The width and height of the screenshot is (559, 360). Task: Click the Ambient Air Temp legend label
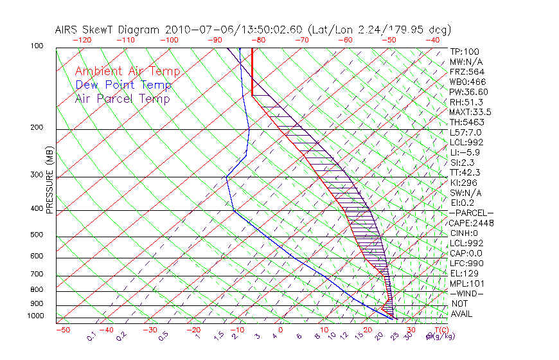click(127, 71)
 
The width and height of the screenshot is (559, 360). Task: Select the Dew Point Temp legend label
click(123, 85)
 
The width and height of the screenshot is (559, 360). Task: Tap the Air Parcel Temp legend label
click(123, 98)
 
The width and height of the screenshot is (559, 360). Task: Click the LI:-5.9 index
click(464, 152)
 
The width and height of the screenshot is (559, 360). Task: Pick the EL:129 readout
click(463, 273)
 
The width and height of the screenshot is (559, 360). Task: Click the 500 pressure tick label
click(37, 235)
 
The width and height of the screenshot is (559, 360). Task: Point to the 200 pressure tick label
click(37, 127)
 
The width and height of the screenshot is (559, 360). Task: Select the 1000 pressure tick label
click(35, 316)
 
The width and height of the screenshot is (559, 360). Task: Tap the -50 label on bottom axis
click(62, 330)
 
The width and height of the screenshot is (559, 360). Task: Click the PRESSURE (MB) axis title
click(49, 181)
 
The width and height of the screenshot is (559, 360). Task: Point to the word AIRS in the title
click(67, 30)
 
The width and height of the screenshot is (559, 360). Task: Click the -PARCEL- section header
click(471, 213)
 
